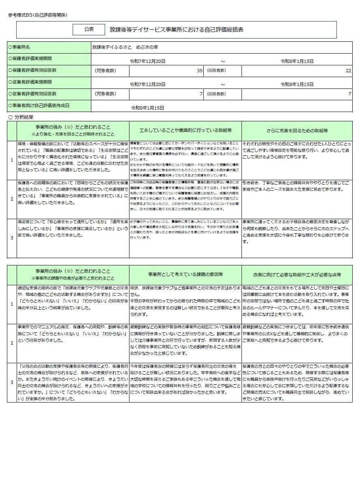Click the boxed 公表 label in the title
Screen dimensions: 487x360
coord(88,29)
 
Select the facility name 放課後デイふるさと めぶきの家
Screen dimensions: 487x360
coord(125,47)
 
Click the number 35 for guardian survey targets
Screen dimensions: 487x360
coord(200,71)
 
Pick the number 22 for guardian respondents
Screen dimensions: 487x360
coord(348,71)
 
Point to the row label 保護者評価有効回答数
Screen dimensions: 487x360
coord(32,70)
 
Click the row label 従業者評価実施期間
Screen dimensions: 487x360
coord(30,82)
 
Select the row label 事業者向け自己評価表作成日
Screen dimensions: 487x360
coord(39,106)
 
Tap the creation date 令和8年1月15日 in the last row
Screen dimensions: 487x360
coord(147,108)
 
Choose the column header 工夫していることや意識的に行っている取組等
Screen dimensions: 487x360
coord(185,131)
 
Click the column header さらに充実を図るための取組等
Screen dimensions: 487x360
coord(297,131)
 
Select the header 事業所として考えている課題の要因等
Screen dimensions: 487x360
coord(185,274)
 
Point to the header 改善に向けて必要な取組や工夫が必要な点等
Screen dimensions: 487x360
coord(297,274)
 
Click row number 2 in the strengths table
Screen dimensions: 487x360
coord(12,199)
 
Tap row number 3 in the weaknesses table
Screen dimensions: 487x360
coord(12,382)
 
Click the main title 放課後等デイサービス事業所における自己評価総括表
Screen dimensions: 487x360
coord(177,30)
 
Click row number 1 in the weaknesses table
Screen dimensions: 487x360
coord(12,304)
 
